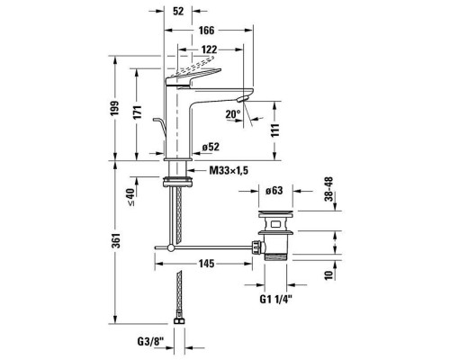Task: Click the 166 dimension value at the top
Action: [x=207, y=31]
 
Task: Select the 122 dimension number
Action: [x=209, y=49]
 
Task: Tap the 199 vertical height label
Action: [x=114, y=108]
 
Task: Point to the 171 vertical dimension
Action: [x=137, y=112]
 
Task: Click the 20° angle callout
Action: [x=233, y=114]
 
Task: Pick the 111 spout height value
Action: [x=275, y=130]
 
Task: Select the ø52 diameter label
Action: [x=211, y=147]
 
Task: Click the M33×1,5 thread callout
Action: [x=229, y=171]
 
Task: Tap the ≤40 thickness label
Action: [x=131, y=197]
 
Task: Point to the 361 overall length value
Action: [x=116, y=240]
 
